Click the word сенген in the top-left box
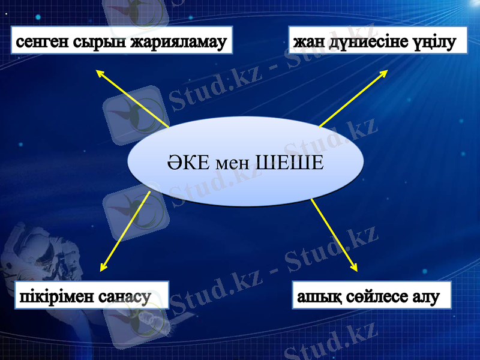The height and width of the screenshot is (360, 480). coord(42,43)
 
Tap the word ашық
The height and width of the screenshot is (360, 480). coord(316,296)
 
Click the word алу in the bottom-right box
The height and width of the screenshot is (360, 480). coord(427,296)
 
